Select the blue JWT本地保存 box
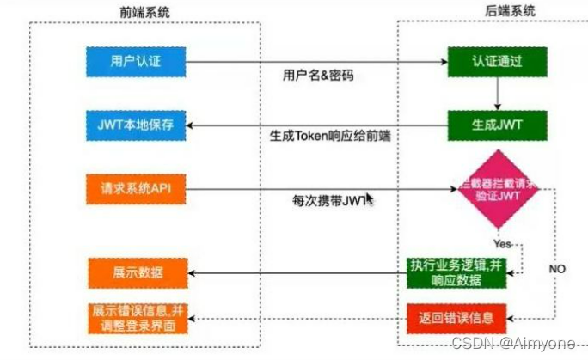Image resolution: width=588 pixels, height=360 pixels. point(135,125)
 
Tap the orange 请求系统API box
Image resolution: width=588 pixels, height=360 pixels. point(135,188)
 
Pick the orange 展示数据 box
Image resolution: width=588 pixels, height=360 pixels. point(135,273)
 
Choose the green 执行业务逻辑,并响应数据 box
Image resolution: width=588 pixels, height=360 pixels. point(456,273)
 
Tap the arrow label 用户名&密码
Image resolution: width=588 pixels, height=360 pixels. point(318,75)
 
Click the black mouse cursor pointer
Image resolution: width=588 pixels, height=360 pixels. point(370,199)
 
